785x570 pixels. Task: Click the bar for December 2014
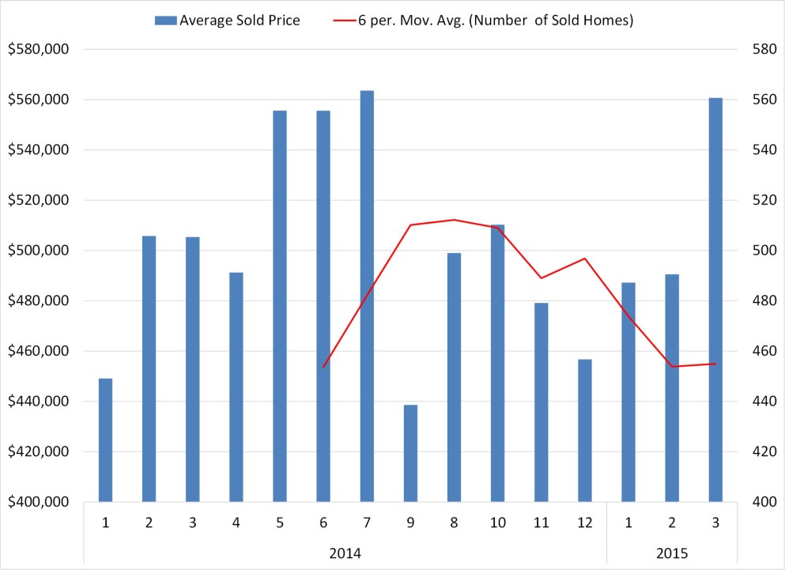pyautogui.click(x=585, y=430)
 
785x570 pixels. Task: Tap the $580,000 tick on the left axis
pyautogui.click(x=39, y=49)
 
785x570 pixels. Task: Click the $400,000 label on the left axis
pyautogui.click(x=39, y=502)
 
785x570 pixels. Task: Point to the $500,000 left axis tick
pyautogui.click(x=39, y=251)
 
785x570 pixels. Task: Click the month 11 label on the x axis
pyautogui.click(x=541, y=522)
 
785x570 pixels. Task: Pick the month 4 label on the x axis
pyautogui.click(x=236, y=522)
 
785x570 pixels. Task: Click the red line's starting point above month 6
pyautogui.click(x=323, y=367)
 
